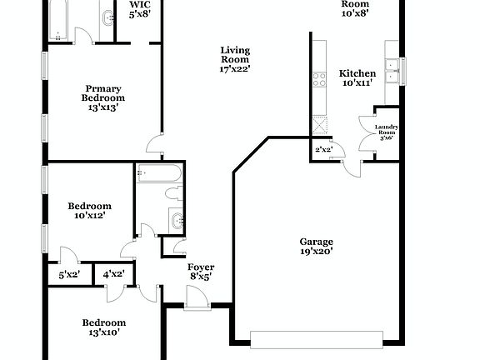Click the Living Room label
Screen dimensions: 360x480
(235, 59)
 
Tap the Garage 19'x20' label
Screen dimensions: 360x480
(317, 246)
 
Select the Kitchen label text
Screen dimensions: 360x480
(358, 78)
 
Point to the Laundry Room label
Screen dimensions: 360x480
(387, 133)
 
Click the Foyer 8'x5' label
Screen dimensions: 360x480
(200, 271)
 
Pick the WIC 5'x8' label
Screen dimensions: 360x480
(139, 8)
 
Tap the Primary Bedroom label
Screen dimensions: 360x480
(104, 97)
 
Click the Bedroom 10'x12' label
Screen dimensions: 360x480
(89, 210)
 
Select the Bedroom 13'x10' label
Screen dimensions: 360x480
(103, 327)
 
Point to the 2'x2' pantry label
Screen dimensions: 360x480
(324, 150)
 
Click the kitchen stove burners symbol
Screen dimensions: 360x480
(318, 80)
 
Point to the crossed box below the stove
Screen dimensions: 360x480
(319, 126)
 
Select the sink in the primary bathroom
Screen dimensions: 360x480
(107, 18)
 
